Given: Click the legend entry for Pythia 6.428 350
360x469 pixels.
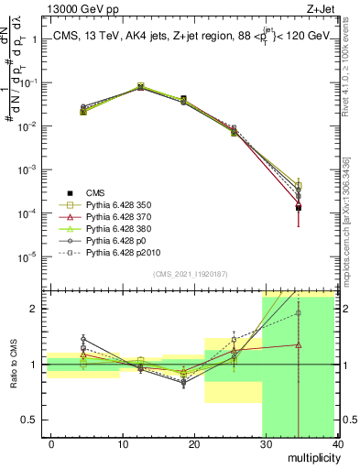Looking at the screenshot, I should click(x=119, y=205).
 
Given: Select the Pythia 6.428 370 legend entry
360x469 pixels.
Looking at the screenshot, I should click(x=119, y=216).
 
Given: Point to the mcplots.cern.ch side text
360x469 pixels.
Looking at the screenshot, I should click(x=351, y=229).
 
